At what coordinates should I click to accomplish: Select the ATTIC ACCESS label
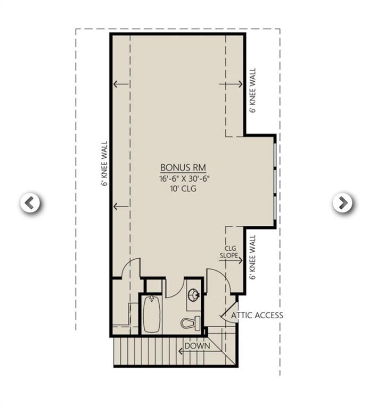257,315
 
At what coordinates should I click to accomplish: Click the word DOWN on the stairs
198,346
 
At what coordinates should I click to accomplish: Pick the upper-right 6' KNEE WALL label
253,90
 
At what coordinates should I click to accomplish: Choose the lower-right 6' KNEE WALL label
253,257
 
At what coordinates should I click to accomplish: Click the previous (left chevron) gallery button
30,202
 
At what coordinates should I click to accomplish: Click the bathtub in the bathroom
152,314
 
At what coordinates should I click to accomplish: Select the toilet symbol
191,322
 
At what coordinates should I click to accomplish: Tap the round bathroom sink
194,295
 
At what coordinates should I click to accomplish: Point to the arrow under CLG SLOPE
234,260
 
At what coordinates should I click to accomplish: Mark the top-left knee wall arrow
121,84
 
